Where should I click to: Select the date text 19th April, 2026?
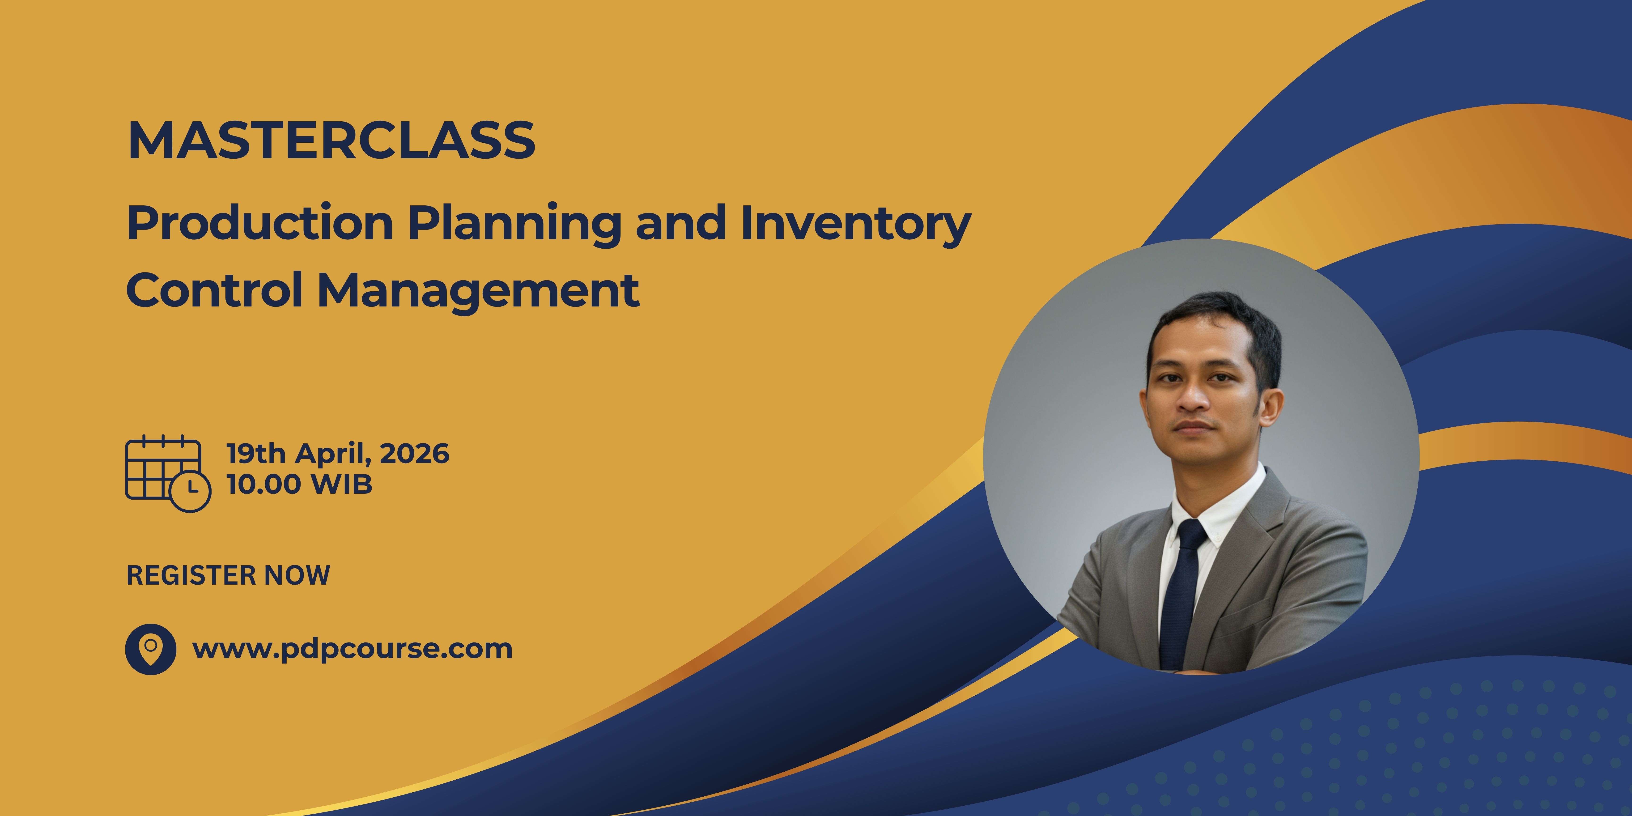pyautogui.click(x=338, y=454)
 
